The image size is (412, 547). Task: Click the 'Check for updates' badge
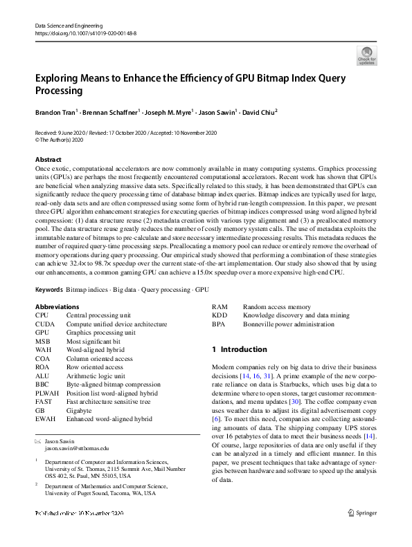coord(367,56)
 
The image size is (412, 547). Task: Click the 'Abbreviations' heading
coord(57,306)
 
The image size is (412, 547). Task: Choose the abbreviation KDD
coord(219,315)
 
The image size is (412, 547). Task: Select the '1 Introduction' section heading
coord(239,350)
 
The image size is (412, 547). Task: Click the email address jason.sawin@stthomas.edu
coord(77,448)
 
